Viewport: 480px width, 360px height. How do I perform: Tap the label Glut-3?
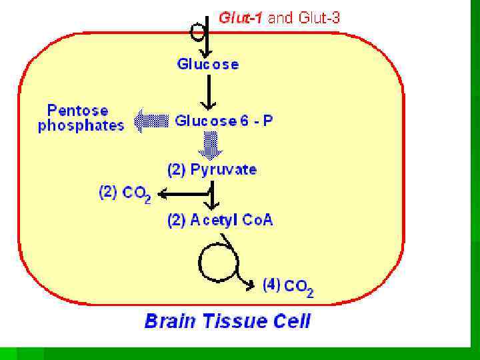[318, 18]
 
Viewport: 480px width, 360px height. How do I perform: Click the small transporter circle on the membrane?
[197, 31]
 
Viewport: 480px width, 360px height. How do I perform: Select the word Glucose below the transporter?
[207, 64]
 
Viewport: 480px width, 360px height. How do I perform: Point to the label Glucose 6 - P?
[223, 121]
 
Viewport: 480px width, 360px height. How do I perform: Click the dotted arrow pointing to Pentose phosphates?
[151, 121]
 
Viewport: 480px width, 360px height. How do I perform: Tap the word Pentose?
[77, 110]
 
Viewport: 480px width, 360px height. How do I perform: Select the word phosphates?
[81, 125]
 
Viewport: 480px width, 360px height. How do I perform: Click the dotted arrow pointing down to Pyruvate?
[210, 144]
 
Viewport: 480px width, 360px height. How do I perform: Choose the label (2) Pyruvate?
[211, 169]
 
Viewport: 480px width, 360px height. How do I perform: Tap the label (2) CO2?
[125, 194]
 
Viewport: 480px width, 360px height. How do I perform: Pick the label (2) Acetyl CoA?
[219, 221]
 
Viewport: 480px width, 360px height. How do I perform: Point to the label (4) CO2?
[287, 287]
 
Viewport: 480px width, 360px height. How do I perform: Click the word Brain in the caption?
[172, 321]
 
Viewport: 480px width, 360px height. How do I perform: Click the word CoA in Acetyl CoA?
[257, 221]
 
